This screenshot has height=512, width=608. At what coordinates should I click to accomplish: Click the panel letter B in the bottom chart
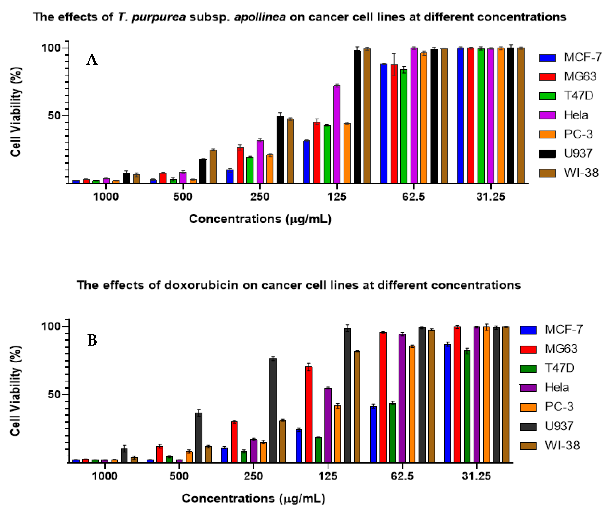point(92,340)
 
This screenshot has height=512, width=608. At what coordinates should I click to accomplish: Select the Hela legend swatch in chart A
point(547,115)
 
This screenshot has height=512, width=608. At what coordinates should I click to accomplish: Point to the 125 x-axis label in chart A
point(337,197)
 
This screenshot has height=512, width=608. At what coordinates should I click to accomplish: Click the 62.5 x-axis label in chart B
point(402,476)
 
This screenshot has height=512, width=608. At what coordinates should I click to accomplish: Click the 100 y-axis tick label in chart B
point(51,326)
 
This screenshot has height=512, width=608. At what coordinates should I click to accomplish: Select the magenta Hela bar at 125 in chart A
point(337,134)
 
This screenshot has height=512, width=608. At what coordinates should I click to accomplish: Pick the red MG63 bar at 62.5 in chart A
point(394,124)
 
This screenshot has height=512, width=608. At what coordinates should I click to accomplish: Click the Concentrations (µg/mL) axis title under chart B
point(253,498)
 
